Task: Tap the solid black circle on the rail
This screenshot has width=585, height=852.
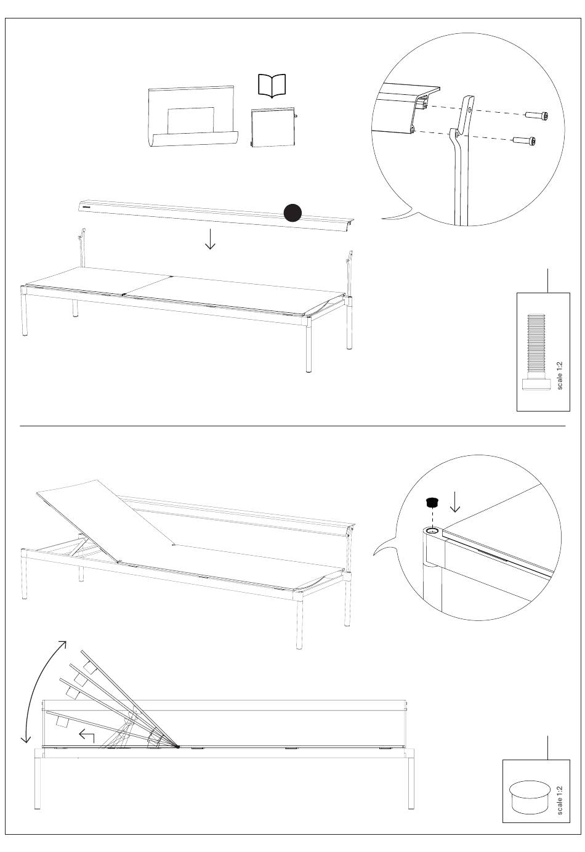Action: [x=292, y=213]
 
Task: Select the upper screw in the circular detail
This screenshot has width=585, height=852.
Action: [x=537, y=115]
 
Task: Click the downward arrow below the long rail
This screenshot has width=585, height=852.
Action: [x=210, y=239]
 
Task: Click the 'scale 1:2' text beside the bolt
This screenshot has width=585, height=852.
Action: [x=559, y=375]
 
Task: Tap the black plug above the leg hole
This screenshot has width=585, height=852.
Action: [x=431, y=501]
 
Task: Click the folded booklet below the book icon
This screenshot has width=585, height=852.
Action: [x=274, y=128]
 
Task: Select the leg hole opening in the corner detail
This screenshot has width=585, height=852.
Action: [x=432, y=530]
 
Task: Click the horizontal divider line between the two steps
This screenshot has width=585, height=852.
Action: [x=292, y=426]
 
